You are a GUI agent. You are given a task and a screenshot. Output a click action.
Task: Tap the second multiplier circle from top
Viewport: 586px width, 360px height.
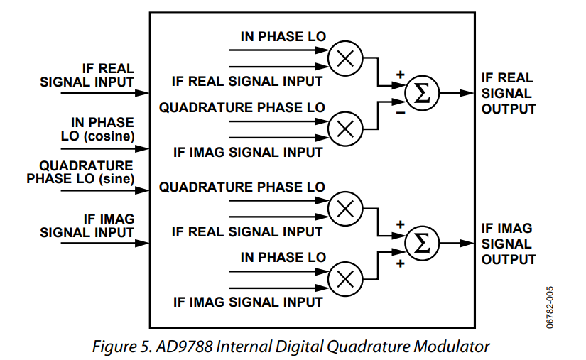pos(345,128)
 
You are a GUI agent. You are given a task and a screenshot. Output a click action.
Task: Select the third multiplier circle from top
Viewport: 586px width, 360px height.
pos(345,209)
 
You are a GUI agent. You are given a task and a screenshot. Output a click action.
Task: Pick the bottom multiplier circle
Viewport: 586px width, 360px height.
pos(345,278)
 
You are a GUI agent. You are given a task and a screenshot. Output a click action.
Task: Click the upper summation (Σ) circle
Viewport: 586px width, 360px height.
pos(422,94)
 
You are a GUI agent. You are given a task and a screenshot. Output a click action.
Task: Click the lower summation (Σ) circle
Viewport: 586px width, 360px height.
pos(422,244)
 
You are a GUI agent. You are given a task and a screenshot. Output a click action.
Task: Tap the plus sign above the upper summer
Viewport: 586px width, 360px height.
pos(400,74)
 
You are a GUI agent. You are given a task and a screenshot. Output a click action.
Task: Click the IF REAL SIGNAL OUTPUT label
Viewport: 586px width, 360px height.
pos(508,93)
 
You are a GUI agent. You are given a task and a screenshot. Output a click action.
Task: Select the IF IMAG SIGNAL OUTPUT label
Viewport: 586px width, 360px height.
pos(508,244)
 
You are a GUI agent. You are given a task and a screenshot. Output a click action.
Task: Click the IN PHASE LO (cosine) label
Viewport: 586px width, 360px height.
pos(99,129)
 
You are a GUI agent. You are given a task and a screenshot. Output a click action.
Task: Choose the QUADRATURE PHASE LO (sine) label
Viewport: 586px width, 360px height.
pos(81,173)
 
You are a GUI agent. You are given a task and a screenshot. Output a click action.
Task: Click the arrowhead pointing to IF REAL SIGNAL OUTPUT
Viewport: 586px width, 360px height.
pos(468,93)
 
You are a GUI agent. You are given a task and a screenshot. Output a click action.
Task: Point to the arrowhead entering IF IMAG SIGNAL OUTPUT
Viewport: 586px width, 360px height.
pos(468,244)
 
